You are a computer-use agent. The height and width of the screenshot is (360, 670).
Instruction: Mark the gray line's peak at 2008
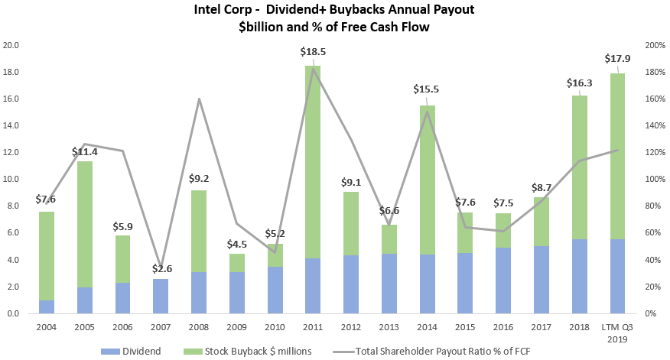(x=200, y=99)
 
